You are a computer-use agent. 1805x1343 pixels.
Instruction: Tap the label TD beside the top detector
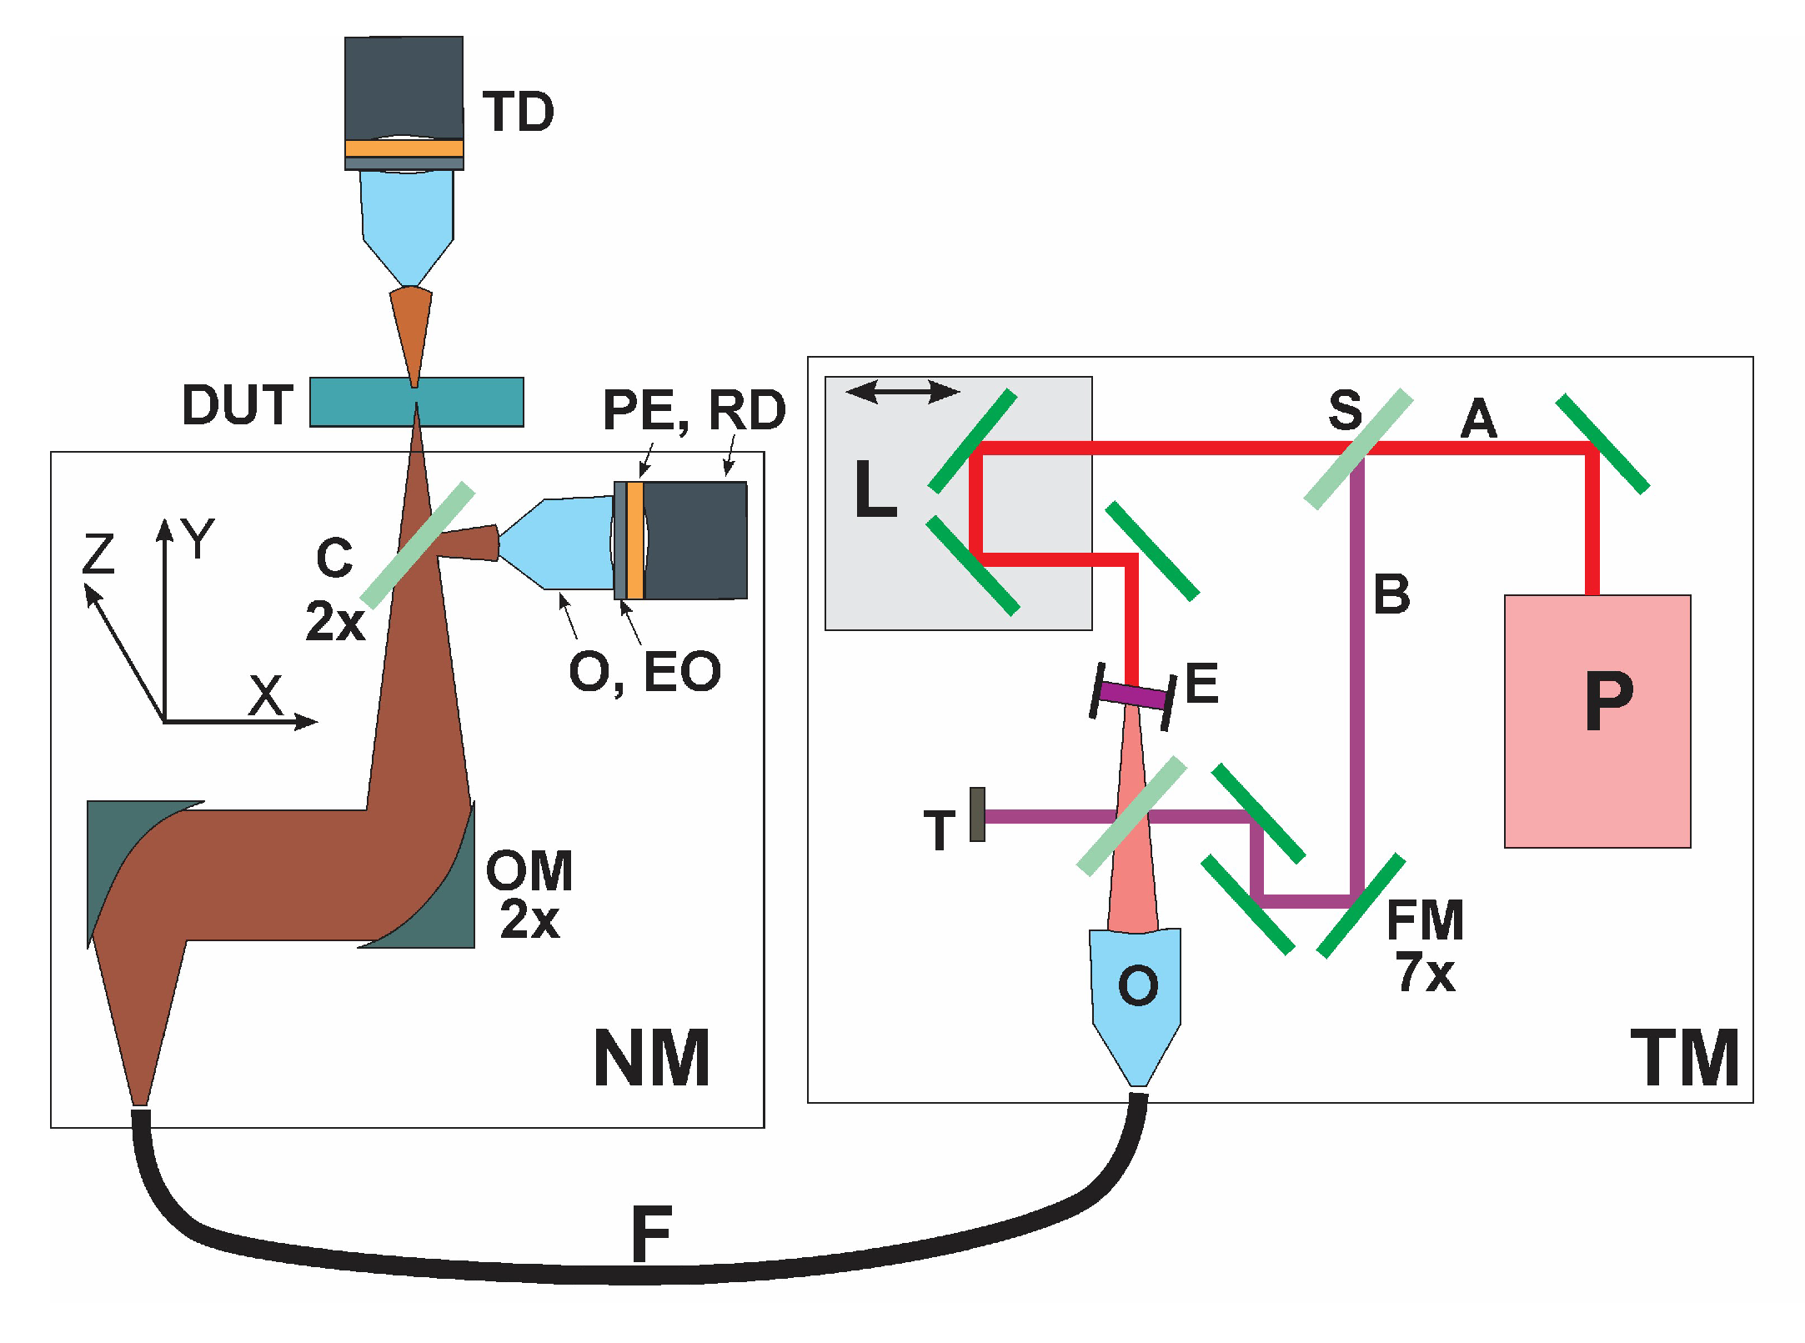[518, 113]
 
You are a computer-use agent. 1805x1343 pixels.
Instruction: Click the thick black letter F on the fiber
[651, 1235]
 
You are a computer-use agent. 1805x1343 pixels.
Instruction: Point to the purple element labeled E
[1132, 694]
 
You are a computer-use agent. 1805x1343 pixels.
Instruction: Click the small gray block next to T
[977, 814]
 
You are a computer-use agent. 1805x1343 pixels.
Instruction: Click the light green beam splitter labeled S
[1359, 449]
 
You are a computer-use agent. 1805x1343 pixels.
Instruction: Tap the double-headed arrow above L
[902, 391]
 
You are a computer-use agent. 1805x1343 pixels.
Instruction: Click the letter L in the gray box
[875, 490]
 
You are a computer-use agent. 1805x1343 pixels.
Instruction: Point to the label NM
[651, 1059]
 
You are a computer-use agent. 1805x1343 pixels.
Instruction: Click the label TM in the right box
[1684, 1059]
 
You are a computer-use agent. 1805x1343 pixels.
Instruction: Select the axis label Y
[199, 538]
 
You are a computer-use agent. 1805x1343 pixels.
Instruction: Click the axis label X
[266, 696]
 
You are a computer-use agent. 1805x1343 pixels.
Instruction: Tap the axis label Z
[98, 554]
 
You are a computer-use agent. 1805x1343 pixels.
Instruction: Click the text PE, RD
[694, 410]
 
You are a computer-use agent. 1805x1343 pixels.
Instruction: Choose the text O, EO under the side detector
[644, 672]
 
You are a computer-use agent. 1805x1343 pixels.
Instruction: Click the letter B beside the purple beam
[1391, 595]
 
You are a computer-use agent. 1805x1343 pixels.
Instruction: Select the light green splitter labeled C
[418, 546]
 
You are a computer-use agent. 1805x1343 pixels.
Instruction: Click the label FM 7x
[1425, 946]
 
